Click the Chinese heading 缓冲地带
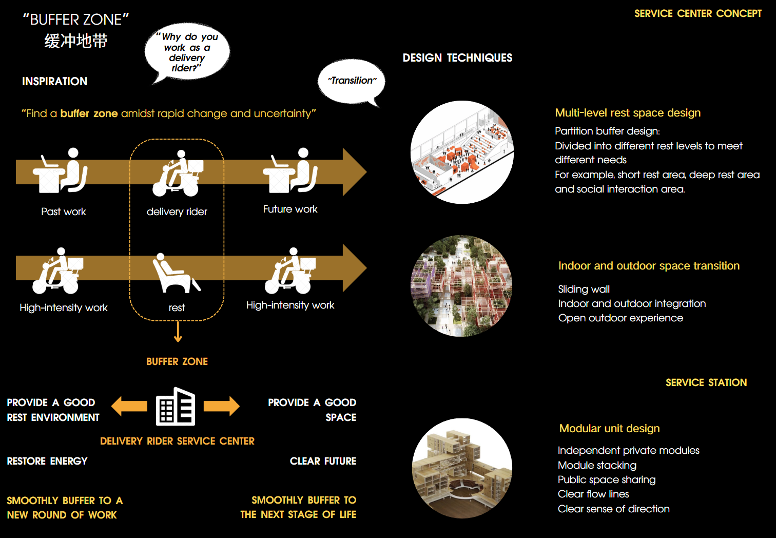[x=76, y=41]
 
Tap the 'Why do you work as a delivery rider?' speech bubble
[x=187, y=52]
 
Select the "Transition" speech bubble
[x=351, y=82]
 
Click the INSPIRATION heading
[x=55, y=82]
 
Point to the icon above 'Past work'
[x=60, y=170]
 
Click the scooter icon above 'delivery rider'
[x=178, y=173]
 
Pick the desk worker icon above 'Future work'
[x=290, y=170]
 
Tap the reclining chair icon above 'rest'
[x=176, y=273]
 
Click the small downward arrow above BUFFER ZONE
[x=178, y=332]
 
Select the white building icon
[x=176, y=407]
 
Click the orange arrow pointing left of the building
[x=129, y=406]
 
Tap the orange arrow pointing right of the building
[x=221, y=406]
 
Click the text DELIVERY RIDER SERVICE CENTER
[x=178, y=441]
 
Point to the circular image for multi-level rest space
[x=462, y=152]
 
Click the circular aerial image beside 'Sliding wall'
[x=461, y=286]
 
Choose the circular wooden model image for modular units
[x=462, y=468]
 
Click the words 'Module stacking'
[x=597, y=465]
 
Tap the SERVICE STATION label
[x=706, y=382]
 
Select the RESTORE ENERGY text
[x=47, y=461]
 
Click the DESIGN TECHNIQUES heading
[x=457, y=58]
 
